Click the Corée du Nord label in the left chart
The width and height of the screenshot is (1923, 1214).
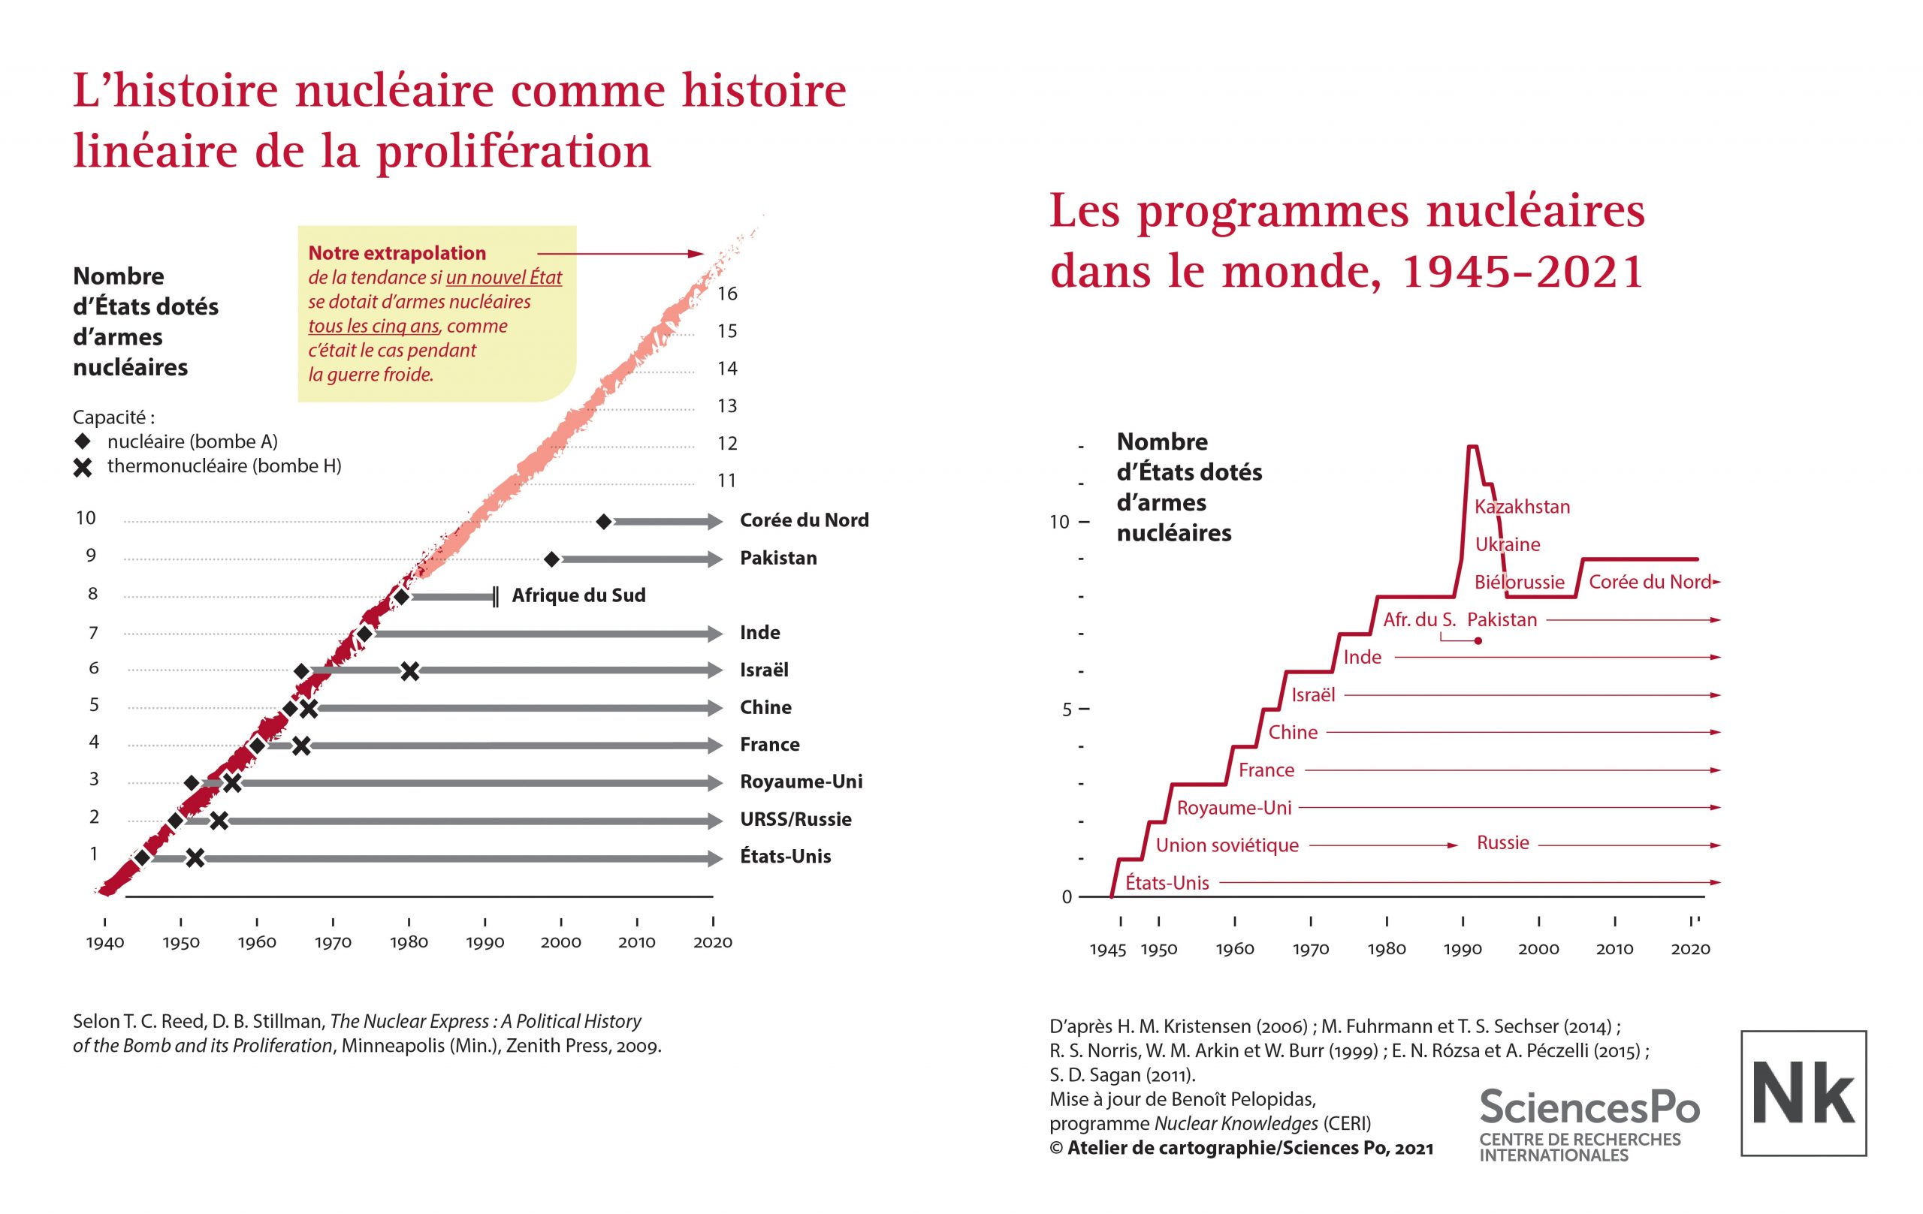pos(804,520)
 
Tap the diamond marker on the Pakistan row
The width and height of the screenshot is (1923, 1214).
pos(551,559)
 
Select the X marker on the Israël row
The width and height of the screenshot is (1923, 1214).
pos(409,671)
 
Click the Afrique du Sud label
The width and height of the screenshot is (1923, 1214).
pos(578,595)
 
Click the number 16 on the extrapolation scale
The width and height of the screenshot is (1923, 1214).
pos(726,294)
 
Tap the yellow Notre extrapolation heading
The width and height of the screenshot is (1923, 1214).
pos(397,253)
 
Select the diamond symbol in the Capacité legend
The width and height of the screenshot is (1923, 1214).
pos(83,441)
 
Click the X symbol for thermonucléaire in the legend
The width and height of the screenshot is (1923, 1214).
pos(83,467)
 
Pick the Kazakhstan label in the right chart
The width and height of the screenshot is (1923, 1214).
pos(1522,507)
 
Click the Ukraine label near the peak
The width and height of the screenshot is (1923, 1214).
pos(1507,544)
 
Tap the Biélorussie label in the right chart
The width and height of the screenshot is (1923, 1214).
pos(1519,582)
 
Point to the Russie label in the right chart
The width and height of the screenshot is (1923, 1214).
pos(1502,843)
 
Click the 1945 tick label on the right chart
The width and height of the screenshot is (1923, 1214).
pos(1108,949)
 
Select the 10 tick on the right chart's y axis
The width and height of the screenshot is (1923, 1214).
pos(1059,522)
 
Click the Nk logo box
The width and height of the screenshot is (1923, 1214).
pos(1804,1092)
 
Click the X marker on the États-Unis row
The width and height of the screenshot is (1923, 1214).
pos(195,859)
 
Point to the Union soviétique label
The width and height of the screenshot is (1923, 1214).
pos(1227,845)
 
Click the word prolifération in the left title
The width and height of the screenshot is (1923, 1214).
pos(514,152)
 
